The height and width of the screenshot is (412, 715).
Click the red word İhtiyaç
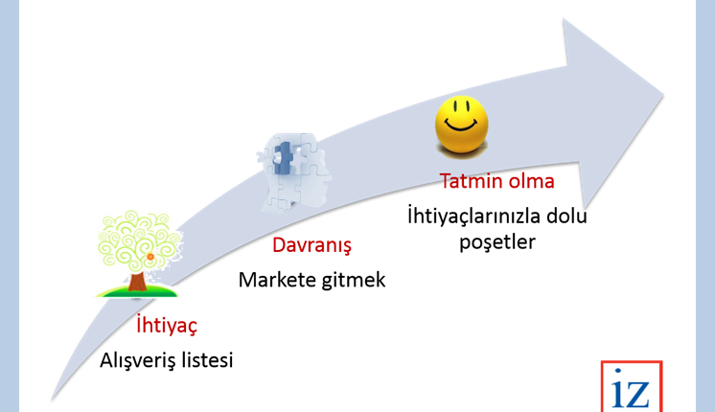coord(167,326)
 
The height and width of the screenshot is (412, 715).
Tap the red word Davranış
coord(311,245)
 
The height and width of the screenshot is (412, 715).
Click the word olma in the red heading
coord(532,181)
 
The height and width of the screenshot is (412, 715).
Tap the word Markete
coord(277,280)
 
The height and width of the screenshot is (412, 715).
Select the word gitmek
coord(354,280)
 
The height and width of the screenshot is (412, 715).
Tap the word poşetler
coord(497,242)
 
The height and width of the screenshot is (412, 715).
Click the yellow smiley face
coord(461,126)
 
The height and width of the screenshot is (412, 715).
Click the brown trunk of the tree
coord(137,282)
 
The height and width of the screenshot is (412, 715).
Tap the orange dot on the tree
coord(150,257)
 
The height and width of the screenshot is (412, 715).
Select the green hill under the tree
coord(136,291)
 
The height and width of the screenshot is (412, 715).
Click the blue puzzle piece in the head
coord(283,158)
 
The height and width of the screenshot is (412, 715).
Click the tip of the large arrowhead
coord(663,96)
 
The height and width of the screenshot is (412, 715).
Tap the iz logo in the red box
coord(632,387)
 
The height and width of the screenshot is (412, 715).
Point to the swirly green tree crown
coord(138,240)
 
